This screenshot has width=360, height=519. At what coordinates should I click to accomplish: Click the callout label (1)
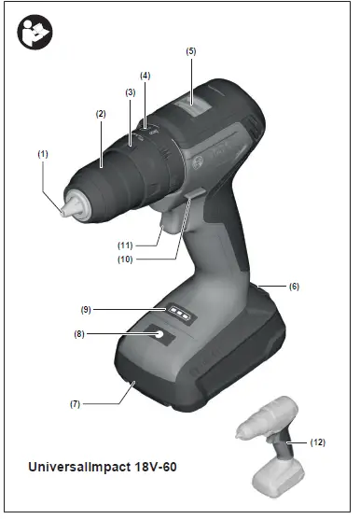pos(42,153)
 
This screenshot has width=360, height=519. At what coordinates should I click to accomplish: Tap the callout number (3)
pos(130,92)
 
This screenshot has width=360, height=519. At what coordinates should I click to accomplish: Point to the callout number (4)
pos(145,75)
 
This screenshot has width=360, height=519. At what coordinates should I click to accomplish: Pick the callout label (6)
pos(294,287)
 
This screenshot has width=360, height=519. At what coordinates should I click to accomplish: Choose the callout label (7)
pos(76,404)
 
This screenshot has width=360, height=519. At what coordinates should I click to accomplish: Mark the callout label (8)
pos(80,333)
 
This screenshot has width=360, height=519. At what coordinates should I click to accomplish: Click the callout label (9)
pos(85,308)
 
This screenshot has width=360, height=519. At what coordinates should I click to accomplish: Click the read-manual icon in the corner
pos(34,35)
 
